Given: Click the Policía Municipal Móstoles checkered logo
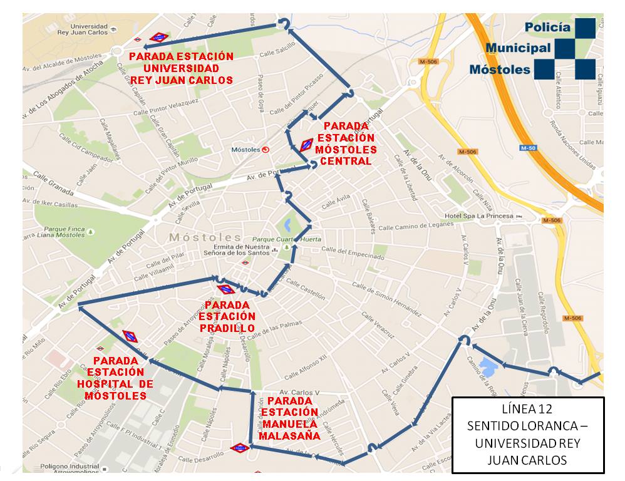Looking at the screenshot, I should pos(576,48).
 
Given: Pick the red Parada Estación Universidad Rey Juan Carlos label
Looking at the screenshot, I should pos(181,68).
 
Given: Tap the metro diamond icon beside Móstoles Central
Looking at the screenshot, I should pos(306,145).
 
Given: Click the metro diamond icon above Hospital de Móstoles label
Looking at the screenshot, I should pos(130,336).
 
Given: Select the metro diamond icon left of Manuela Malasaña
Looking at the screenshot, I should pos(240,448).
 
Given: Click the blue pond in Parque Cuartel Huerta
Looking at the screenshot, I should pos(287,224).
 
